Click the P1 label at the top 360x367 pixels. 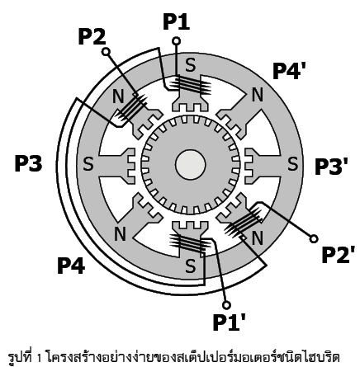(177, 21)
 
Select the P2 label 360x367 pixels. (92, 37)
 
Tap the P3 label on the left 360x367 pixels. (28, 163)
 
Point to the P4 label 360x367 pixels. (71, 266)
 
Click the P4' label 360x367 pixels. (289, 71)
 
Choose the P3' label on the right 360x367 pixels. (332, 167)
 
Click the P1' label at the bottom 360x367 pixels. (230, 322)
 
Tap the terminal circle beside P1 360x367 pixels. (176, 41)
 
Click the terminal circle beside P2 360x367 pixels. (106, 52)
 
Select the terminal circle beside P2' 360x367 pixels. (314, 239)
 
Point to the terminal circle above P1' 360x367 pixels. (226, 305)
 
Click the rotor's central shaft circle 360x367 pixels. (190, 165)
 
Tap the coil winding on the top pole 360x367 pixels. (191, 84)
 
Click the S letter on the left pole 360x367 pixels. (88, 164)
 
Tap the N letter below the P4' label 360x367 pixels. (258, 94)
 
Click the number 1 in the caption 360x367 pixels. (39, 359)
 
